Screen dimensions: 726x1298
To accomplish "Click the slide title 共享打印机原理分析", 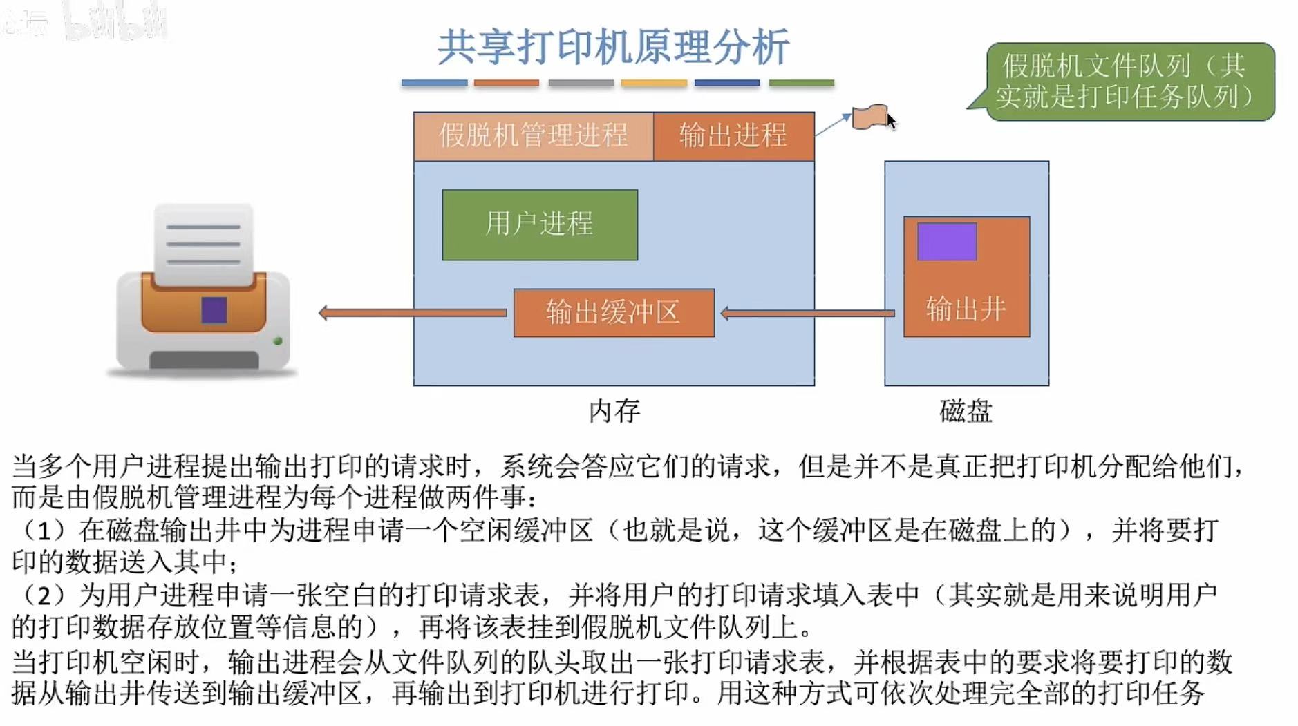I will (613, 47).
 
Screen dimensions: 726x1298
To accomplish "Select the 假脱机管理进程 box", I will (533, 135).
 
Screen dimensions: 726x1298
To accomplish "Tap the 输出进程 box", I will (733, 135).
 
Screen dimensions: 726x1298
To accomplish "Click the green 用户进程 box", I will (540, 225).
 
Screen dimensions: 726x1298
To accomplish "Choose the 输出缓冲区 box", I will (613, 313).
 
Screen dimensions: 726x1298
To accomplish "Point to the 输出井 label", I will (966, 309).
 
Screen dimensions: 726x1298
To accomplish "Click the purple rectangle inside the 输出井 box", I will (947, 241).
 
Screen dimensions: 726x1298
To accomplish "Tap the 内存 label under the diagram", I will (614, 411).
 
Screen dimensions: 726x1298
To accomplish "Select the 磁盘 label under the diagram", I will (966, 411).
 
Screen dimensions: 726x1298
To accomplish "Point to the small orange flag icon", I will (869, 117).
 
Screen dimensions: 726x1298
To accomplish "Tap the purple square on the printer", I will (214, 310).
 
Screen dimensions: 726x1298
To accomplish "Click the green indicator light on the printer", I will (278, 341).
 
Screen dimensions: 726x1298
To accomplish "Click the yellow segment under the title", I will (654, 83).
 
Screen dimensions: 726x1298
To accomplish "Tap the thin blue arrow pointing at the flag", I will (833, 124).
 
